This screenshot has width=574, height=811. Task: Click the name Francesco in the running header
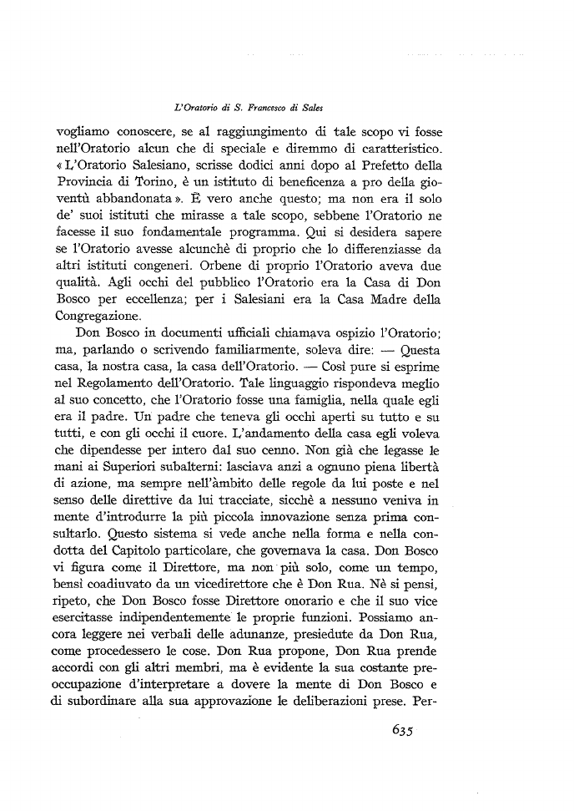coord(251,109)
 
